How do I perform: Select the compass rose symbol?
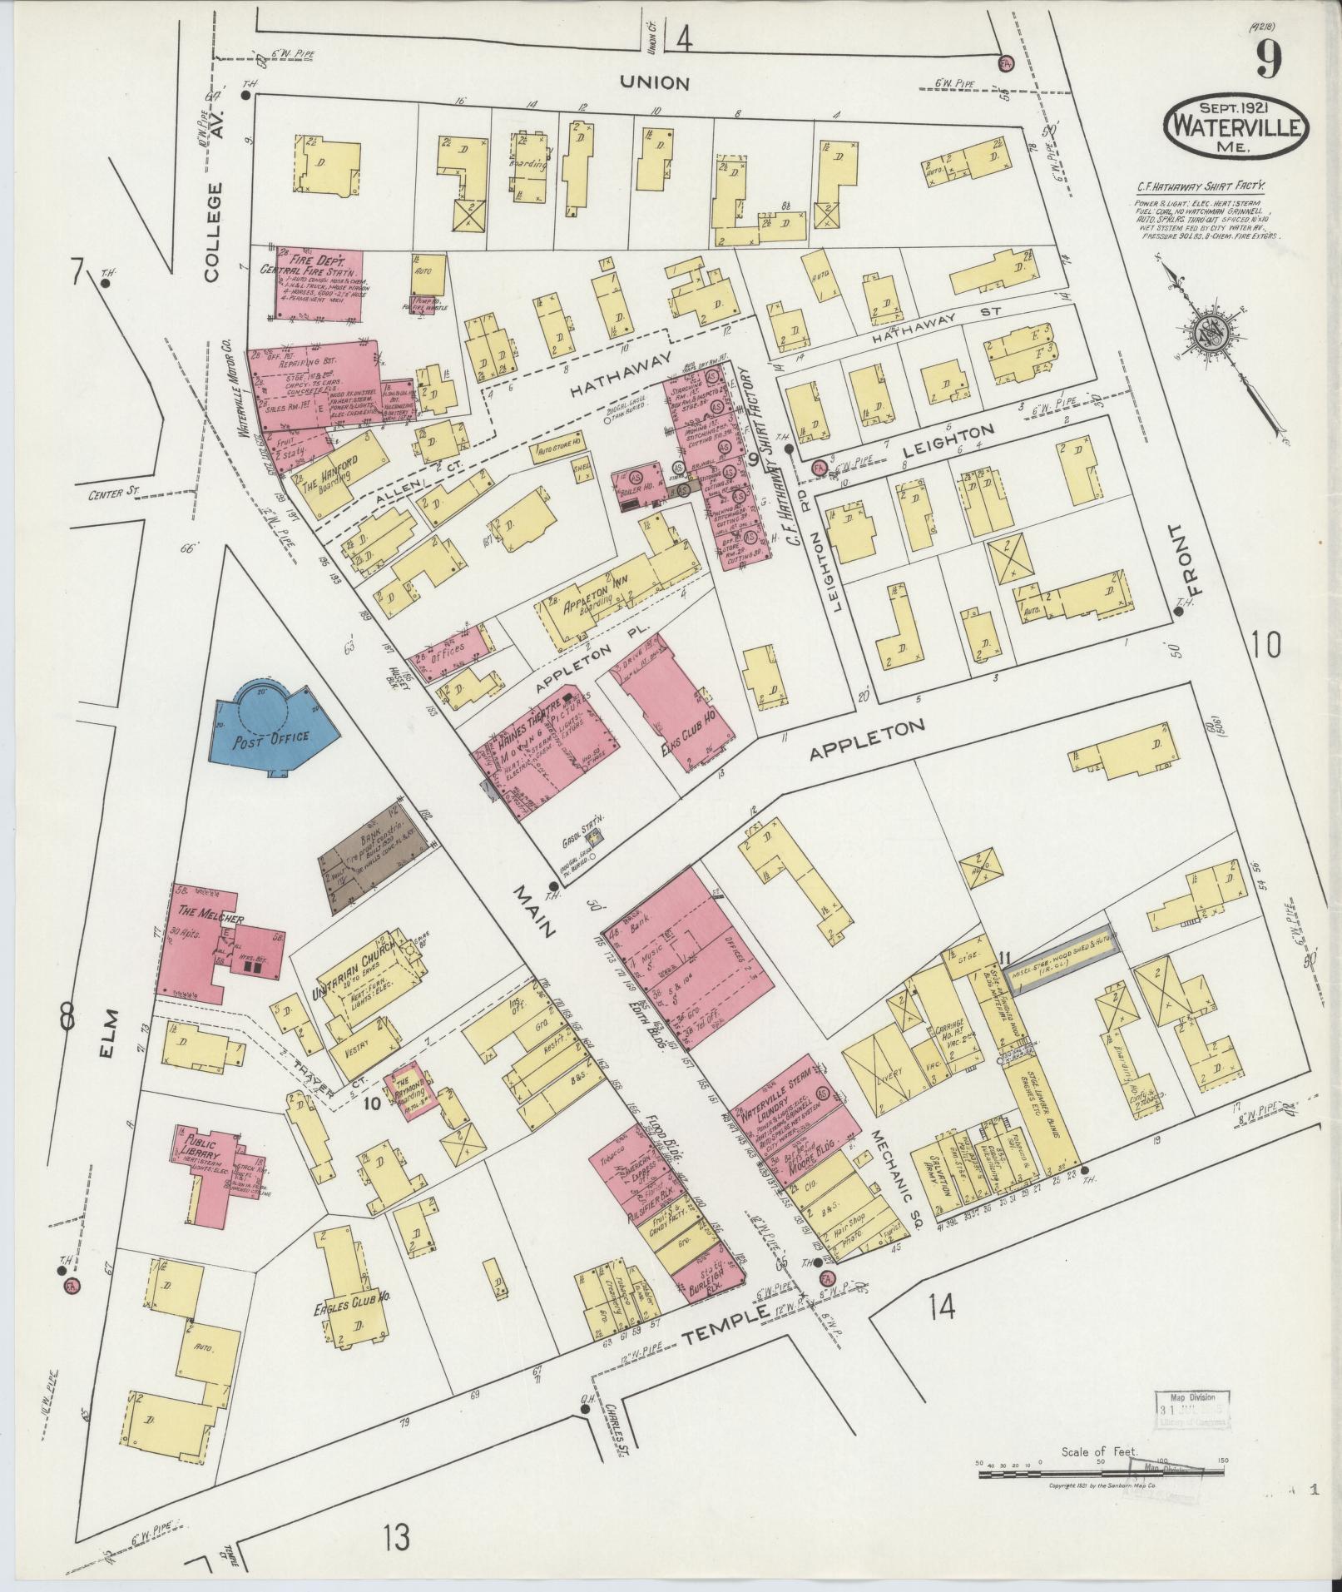pyautogui.click(x=1206, y=334)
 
